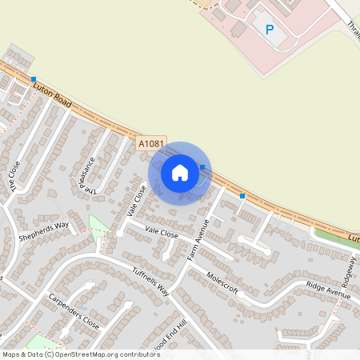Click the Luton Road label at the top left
click(x=55, y=94)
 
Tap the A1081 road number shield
click(x=150, y=143)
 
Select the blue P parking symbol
click(x=270, y=30)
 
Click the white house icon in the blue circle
click(x=180, y=173)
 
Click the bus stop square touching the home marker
click(x=202, y=167)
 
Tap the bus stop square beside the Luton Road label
click(x=33, y=79)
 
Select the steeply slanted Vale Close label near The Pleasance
click(x=137, y=201)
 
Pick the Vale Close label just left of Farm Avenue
click(x=161, y=233)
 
